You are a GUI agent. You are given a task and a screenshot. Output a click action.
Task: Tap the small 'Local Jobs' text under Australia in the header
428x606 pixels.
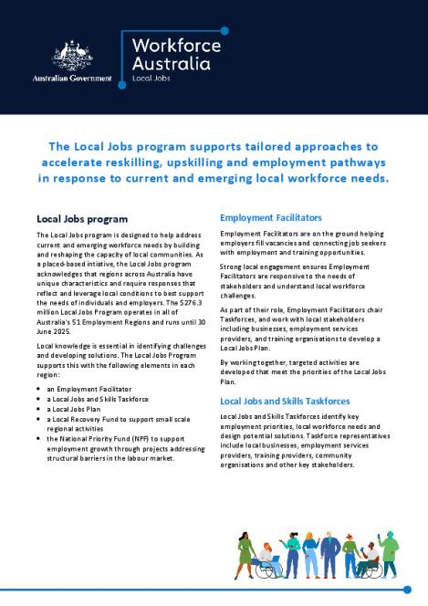point(151,79)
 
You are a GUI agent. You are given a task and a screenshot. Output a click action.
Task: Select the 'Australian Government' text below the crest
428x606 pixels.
point(71,78)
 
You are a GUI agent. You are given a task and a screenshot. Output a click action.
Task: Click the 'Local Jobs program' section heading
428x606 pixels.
point(81,219)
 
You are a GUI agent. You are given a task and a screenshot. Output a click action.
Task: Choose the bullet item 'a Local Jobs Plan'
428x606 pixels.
point(81,413)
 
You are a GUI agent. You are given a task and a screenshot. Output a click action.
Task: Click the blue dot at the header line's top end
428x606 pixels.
point(224,30)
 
